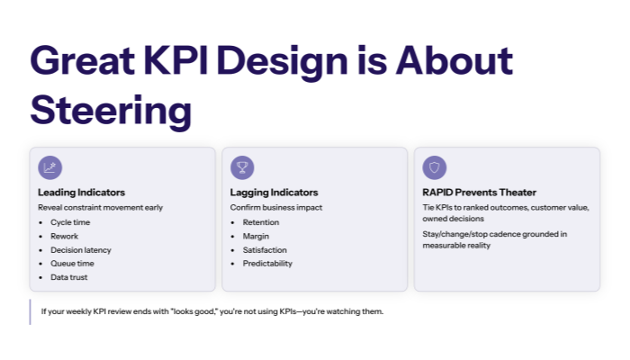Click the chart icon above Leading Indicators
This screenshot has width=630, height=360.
click(x=50, y=167)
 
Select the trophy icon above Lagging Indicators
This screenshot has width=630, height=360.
click(x=242, y=167)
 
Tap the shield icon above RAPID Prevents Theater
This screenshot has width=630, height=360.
click(x=435, y=167)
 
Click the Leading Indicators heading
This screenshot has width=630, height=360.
click(x=81, y=193)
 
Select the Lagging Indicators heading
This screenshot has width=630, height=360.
click(x=274, y=193)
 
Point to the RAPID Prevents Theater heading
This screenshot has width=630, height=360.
click(x=479, y=193)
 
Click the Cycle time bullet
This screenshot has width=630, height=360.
click(x=70, y=222)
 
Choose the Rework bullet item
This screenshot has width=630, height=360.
click(x=64, y=236)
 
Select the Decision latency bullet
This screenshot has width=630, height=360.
click(x=82, y=249)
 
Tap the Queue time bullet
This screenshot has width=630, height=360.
click(x=72, y=264)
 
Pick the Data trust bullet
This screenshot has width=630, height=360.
click(x=69, y=277)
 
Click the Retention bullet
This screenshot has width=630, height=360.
click(x=261, y=222)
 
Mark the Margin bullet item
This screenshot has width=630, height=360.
click(x=256, y=236)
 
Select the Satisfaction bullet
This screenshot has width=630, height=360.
click(x=265, y=249)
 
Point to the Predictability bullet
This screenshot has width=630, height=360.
click(x=267, y=264)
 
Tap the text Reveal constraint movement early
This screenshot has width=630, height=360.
click(x=100, y=207)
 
